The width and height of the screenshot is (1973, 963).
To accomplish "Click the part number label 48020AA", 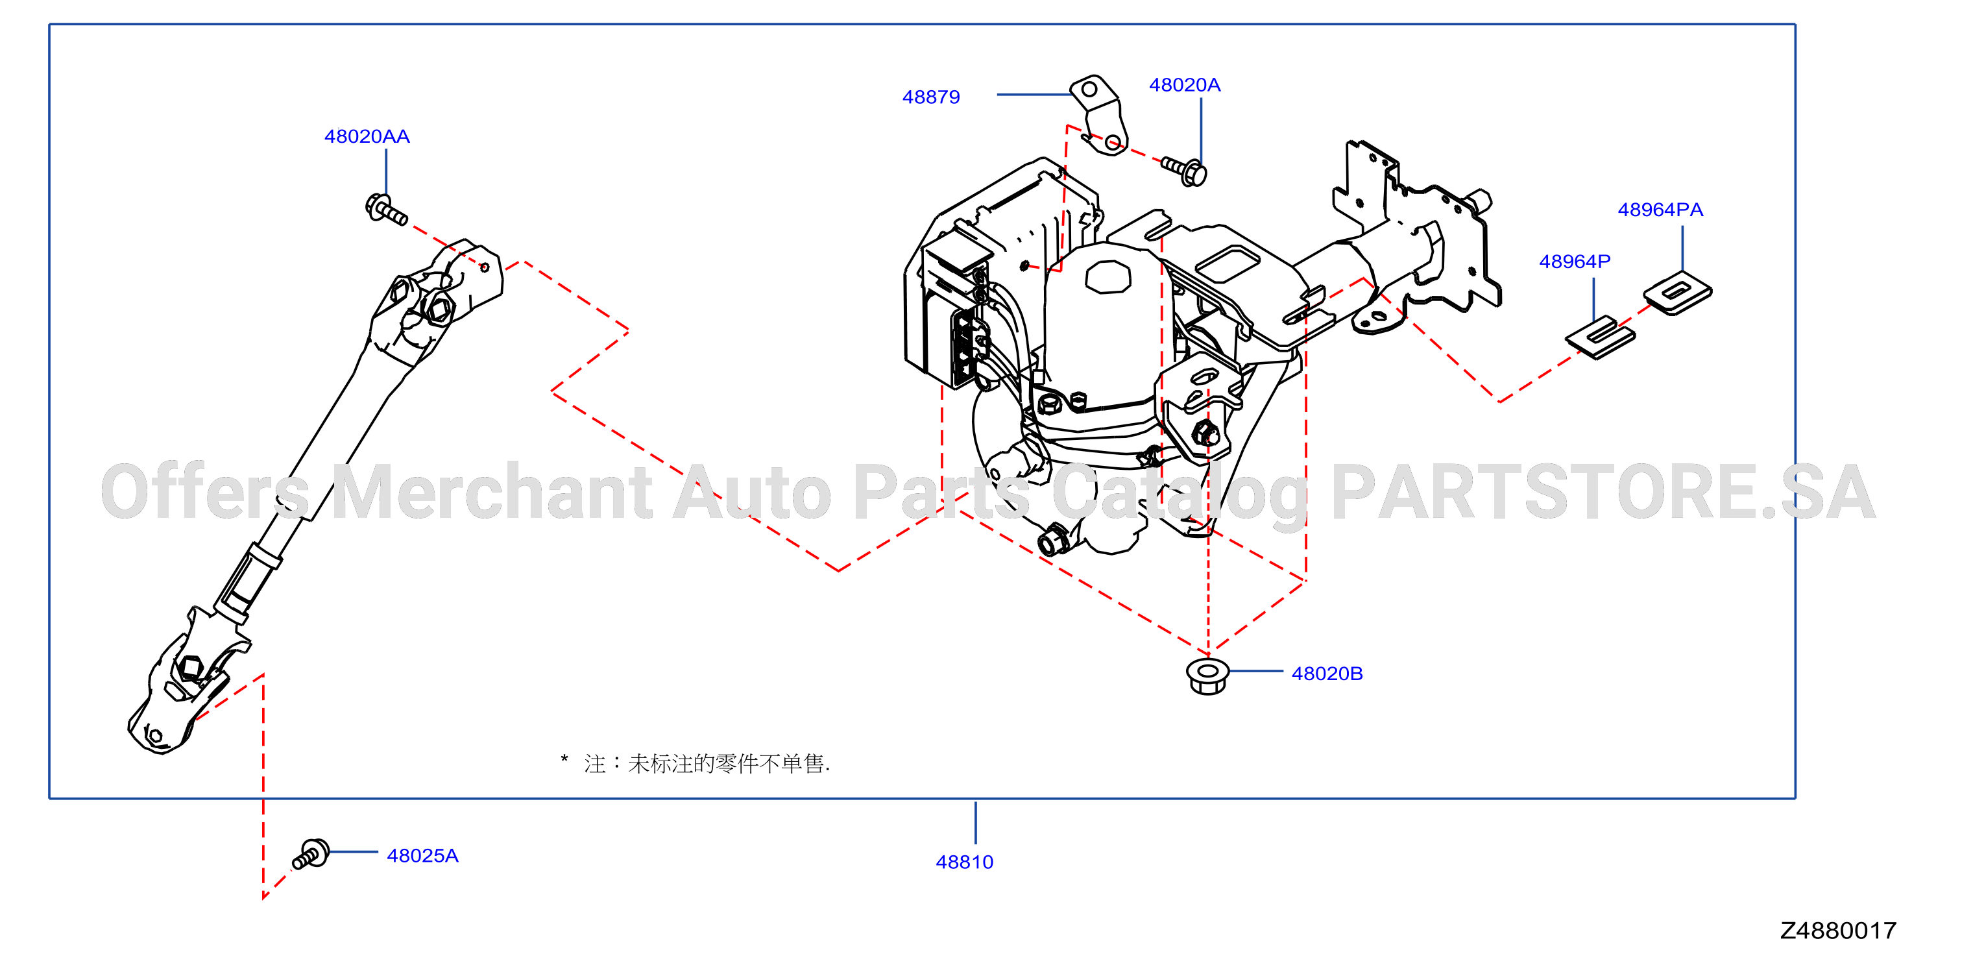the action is click(x=367, y=136).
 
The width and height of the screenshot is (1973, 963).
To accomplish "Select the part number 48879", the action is click(x=930, y=97).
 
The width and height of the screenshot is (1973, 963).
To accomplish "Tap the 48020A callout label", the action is click(x=1184, y=85).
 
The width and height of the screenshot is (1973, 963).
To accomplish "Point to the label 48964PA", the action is click(x=1660, y=210).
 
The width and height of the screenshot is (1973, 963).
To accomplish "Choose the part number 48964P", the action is click(x=1575, y=262).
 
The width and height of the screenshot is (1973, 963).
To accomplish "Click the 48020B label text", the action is click(x=1327, y=674).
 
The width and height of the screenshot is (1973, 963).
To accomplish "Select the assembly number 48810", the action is click(x=964, y=862).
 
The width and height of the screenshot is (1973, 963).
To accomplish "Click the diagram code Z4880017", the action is click(x=1837, y=930).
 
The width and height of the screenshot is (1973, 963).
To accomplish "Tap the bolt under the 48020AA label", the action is click(x=386, y=210).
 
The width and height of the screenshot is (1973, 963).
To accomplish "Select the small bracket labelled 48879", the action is click(x=1100, y=115).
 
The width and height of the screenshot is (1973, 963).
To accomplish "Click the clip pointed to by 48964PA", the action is click(x=1677, y=293).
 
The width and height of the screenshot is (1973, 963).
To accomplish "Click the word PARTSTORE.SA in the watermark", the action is click(x=1603, y=492).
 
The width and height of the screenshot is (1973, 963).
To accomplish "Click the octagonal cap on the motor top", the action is click(x=1108, y=276).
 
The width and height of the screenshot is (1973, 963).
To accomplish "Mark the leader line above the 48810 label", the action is click(x=975, y=823).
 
